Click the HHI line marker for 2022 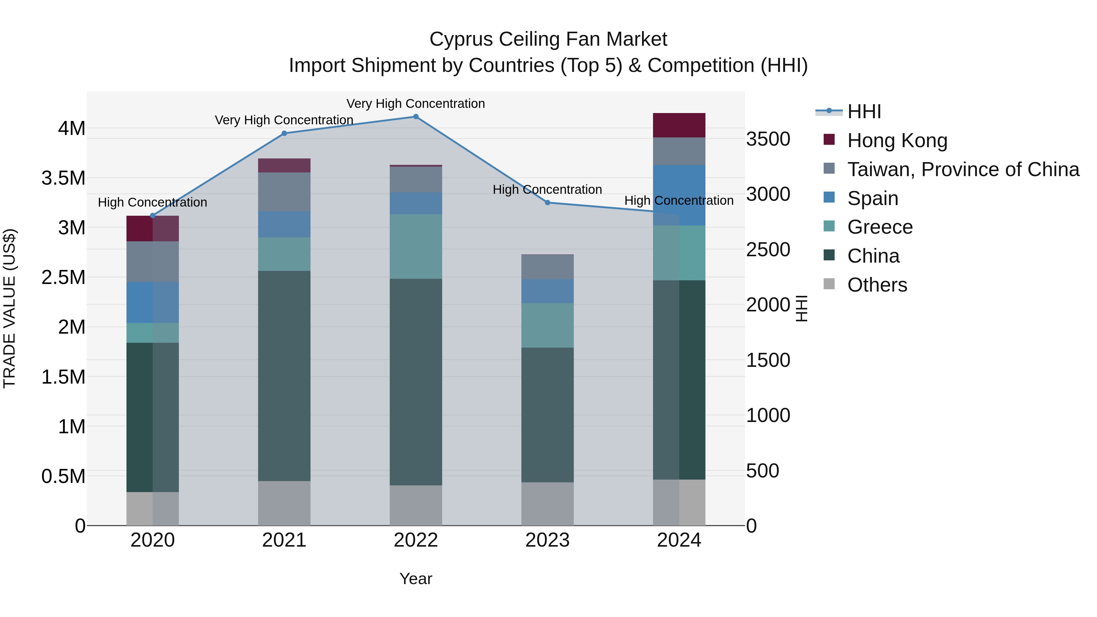416,117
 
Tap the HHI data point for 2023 548,203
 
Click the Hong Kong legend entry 897,140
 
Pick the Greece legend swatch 829,226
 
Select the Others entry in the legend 877,285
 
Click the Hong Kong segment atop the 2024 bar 679,125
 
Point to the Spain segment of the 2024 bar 679,195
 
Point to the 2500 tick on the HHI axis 768,250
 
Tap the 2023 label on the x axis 548,540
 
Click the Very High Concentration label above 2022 416,104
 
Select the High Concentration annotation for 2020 152,202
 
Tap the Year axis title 416,579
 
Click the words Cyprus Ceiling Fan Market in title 548,39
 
